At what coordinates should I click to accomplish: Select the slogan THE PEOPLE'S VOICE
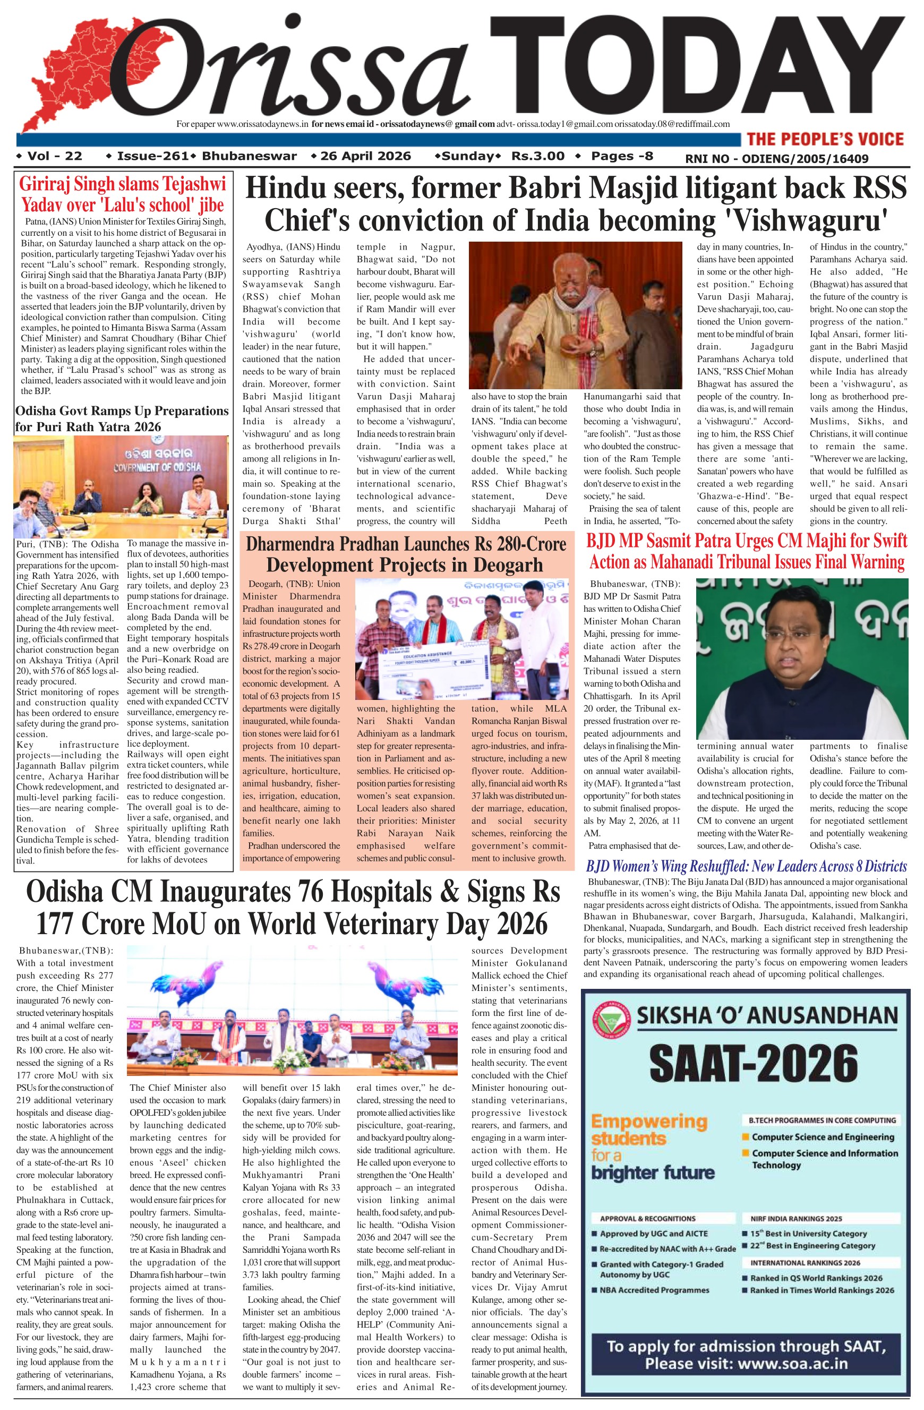click(x=825, y=139)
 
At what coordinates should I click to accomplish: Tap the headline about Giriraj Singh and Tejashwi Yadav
click(x=123, y=194)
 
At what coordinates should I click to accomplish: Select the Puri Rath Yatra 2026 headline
click(x=122, y=418)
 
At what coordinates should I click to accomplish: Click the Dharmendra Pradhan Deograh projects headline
click(x=406, y=554)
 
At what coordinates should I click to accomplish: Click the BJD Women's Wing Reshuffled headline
click(x=746, y=866)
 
